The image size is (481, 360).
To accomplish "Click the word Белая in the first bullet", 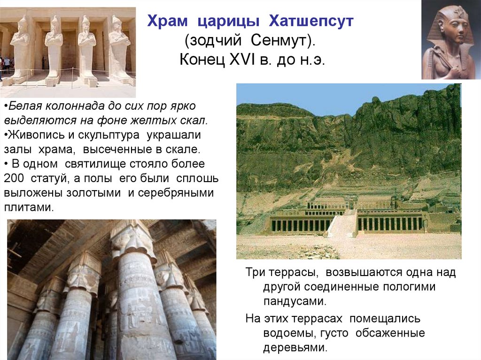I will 24,106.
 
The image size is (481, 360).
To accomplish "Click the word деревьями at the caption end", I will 295,348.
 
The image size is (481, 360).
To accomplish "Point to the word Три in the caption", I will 256,272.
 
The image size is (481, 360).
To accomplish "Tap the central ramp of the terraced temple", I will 342,223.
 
